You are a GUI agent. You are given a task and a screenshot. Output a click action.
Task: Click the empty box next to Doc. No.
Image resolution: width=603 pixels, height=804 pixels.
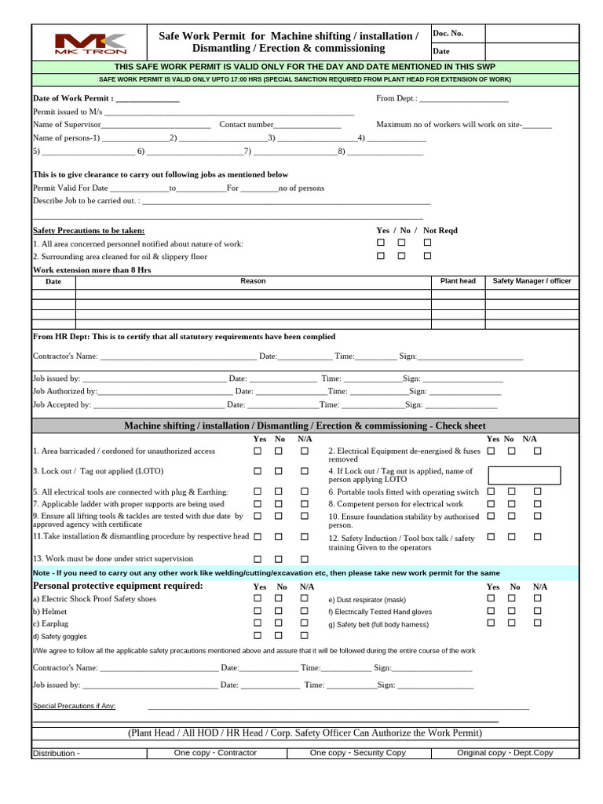[532, 34]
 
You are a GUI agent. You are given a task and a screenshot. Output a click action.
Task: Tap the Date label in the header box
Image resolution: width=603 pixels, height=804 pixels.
[441, 51]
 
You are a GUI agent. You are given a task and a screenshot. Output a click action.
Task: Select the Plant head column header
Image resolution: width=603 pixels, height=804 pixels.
[458, 281]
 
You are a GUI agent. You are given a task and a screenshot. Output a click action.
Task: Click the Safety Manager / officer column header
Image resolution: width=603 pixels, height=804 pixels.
[532, 281]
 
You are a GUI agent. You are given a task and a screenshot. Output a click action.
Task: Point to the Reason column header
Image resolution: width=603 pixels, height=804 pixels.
[253, 281]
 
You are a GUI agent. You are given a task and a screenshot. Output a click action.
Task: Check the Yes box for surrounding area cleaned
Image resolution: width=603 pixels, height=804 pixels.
[381, 256]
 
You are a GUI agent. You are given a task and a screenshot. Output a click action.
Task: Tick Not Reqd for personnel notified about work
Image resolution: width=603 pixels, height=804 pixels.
[428, 243]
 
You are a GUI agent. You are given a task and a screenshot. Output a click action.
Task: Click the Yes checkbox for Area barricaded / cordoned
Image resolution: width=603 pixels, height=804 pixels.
[258, 451]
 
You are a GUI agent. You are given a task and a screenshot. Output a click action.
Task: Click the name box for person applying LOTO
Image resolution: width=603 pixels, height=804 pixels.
[524, 475]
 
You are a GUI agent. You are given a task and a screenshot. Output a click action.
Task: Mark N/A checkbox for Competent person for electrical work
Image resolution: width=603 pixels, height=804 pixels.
[538, 503]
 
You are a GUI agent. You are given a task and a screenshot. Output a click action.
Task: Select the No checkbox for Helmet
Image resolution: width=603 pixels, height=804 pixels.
[279, 611]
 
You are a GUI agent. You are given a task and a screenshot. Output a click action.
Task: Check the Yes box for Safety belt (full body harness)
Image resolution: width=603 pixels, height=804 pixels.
[491, 623]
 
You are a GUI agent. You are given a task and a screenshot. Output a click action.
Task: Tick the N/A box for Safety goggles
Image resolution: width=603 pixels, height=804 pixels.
[305, 635]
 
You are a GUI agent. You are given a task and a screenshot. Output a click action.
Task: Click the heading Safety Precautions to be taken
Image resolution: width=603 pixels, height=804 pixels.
[89, 231]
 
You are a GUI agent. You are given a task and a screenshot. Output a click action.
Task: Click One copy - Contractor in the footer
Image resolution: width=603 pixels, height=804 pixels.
[215, 752]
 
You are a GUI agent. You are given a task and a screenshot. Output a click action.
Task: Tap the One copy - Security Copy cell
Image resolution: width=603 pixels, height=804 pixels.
[357, 752]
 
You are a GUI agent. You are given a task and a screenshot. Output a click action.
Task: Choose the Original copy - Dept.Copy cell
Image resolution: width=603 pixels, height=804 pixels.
[505, 752]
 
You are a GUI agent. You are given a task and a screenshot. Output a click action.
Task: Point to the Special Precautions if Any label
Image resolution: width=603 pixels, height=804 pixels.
[74, 706]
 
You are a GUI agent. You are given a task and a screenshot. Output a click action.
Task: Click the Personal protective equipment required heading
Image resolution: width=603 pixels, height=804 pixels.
[118, 587]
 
